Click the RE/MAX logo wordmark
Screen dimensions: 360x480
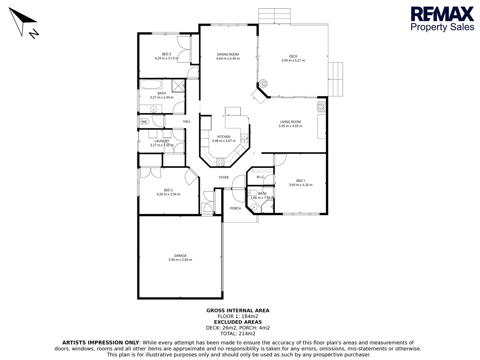(442, 14)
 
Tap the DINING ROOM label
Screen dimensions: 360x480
(228, 54)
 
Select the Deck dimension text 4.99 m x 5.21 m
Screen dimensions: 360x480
(293, 61)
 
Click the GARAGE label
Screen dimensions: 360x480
(180, 256)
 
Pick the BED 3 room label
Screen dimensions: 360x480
(166, 54)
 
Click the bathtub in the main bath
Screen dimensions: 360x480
(151, 84)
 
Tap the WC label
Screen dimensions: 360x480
(145, 122)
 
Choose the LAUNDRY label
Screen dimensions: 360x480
(162, 141)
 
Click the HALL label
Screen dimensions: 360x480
(187, 122)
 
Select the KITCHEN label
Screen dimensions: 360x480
(224, 137)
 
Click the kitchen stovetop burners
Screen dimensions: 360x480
(220, 162)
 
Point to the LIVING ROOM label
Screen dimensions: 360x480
(290, 122)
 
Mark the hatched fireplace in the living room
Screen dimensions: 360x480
(321, 106)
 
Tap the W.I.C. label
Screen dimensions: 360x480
(260, 177)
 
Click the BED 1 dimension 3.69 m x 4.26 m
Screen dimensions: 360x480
(300, 185)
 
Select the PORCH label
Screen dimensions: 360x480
(235, 208)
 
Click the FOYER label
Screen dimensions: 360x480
(224, 177)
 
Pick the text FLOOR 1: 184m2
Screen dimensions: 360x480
(238, 316)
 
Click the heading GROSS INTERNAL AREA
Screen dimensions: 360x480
(238, 310)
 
